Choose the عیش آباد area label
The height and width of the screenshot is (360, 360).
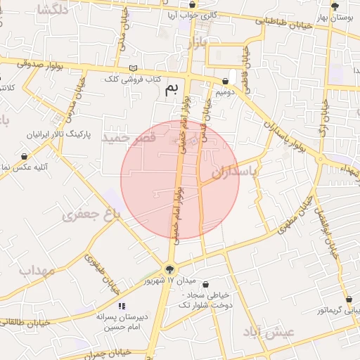point(264,332)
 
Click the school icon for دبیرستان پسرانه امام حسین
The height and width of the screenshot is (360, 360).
point(122,307)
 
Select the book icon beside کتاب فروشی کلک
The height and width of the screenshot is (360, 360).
point(134,68)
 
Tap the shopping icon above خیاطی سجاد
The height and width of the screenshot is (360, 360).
point(205,285)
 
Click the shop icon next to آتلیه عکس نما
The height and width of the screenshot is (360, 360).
point(24,156)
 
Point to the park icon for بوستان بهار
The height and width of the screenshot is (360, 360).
point(335,6)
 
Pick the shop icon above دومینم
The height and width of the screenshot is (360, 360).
point(224,82)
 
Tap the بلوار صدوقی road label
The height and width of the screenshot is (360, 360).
point(35,65)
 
